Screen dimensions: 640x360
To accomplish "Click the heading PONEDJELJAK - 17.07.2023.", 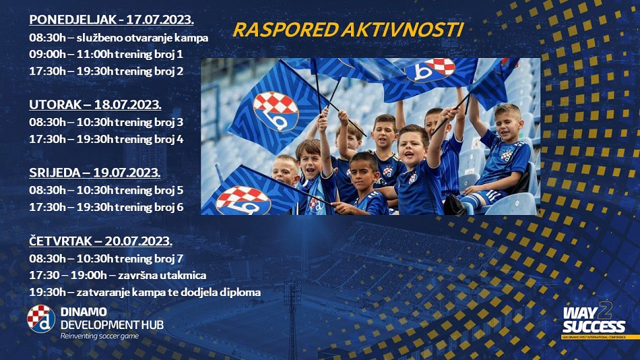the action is (x=111, y=20).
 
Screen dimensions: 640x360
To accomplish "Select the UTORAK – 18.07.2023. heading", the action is (x=95, y=104).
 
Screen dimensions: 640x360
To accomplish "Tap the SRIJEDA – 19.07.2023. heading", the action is (x=95, y=173).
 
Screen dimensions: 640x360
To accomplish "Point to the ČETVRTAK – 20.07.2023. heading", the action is (x=100, y=241).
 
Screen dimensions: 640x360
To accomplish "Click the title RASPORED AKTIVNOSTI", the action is (x=348, y=30).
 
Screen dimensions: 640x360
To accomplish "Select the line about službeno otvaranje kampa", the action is (x=119, y=38).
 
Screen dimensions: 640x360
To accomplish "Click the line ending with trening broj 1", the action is (x=106, y=55).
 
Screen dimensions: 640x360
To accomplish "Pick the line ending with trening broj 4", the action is (x=106, y=140).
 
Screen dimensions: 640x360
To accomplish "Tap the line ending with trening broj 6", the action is (x=106, y=207).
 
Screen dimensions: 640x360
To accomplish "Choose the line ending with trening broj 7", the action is (x=106, y=259).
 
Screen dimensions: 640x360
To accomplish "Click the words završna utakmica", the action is (x=162, y=276).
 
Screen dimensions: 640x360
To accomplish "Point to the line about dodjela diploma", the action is (x=145, y=293).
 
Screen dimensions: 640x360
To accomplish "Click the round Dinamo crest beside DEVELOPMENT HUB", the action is (x=41, y=319).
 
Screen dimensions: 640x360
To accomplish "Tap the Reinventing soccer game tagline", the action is (x=100, y=336).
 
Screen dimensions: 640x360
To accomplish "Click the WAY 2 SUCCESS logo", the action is (x=594, y=321).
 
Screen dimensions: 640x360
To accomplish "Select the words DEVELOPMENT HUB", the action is (x=112, y=325).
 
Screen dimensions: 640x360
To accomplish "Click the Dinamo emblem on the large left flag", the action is (x=276, y=111).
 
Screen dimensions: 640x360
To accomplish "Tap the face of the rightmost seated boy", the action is (x=508, y=122).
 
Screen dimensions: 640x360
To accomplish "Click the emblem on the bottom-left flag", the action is (x=243, y=201).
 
